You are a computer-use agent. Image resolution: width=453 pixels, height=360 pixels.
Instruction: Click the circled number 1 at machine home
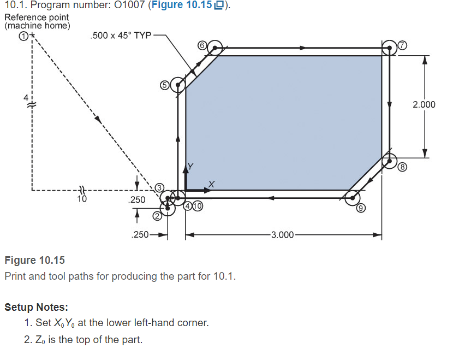(x=23, y=36)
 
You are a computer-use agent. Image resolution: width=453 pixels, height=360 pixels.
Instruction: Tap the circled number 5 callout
(x=164, y=85)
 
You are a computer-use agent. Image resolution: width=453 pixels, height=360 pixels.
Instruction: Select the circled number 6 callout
(x=201, y=45)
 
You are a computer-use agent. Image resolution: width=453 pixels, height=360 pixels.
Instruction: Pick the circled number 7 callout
(x=403, y=45)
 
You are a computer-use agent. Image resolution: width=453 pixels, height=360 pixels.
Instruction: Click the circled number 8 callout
(x=403, y=167)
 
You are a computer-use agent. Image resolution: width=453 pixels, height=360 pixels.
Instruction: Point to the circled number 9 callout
(x=361, y=208)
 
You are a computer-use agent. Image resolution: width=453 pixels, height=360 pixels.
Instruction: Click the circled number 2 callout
(x=157, y=216)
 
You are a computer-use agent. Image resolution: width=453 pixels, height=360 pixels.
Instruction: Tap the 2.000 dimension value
(x=424, y=104)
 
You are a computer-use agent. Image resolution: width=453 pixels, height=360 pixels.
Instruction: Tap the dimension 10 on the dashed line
(x=82, y=199)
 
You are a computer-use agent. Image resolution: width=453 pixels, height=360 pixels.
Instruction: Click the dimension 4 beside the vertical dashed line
(x=25, y=97)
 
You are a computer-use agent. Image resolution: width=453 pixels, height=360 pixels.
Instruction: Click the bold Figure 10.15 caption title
(x=34, y=260)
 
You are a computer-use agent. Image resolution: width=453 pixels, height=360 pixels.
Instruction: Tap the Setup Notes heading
(x=36, y=307)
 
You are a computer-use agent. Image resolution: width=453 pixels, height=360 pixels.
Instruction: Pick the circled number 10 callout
(x=197, y=206)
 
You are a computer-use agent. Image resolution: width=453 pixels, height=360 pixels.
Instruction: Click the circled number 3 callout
(x=160, y=188)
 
